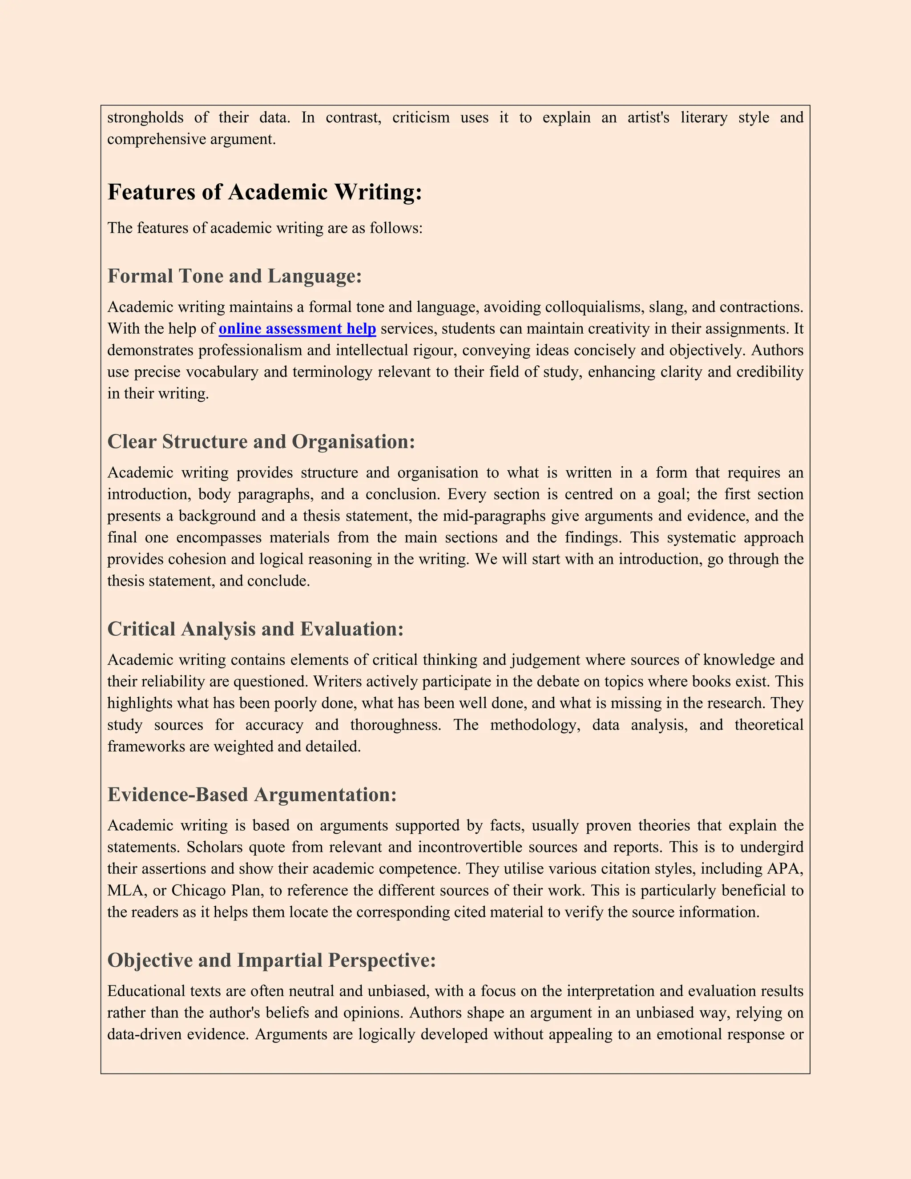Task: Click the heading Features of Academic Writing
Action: pos(265,192)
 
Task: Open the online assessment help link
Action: pos(298,329)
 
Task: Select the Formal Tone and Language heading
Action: pos(234,276)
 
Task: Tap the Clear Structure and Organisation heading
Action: pos(261,442)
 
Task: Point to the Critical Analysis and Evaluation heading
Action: pos(255,629)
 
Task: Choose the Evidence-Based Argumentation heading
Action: pos(252,795)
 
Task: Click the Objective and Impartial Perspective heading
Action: pos(271,961)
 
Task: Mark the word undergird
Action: pos(771,847)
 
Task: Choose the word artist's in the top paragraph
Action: pos(648,118)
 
